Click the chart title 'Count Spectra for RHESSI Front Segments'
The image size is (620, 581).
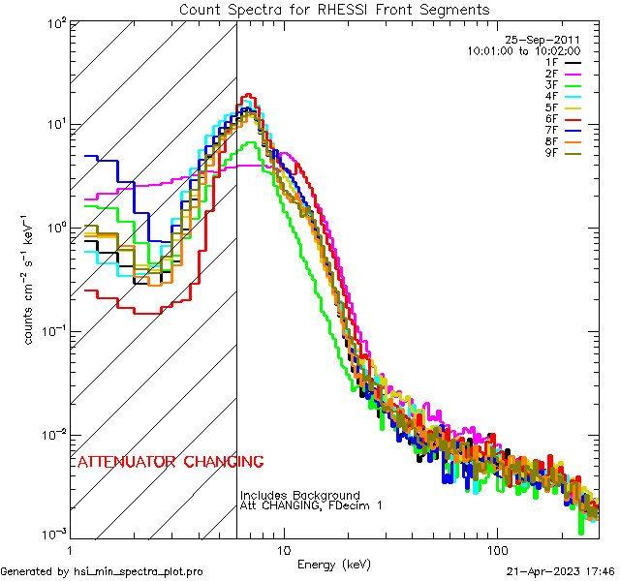pos(334,10)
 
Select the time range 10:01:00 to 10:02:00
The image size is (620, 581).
pos(523,50)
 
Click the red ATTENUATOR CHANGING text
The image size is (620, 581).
pos(170,462)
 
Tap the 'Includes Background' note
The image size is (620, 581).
pos(300,496)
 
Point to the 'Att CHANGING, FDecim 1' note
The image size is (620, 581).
pos(312,506)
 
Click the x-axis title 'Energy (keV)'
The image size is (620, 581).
pos(333,565)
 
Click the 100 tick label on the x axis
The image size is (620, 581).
pos(496,550)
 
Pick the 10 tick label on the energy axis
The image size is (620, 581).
pos(283,550)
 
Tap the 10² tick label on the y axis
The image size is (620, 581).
pos(56,22)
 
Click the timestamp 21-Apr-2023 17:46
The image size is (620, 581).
pos(561,572)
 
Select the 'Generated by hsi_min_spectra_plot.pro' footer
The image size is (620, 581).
pos(103,572)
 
